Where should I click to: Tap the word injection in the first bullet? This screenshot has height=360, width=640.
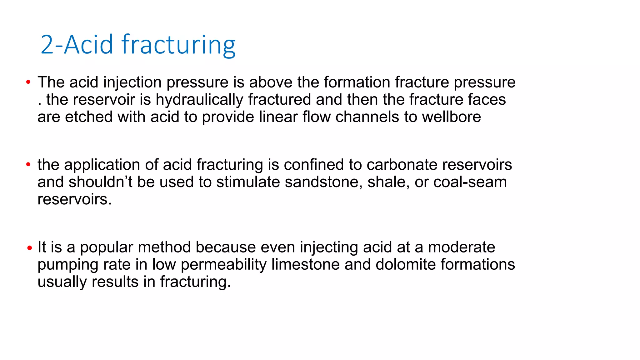(x=132, y=82)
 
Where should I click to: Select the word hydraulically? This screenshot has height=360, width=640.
(x=199, y=100)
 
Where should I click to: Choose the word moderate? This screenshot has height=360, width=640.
(x=461, y=247)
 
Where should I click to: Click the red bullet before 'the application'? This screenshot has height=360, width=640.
(x=28, y=164)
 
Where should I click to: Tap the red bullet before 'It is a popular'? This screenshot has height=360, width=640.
(x=30, y=248)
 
